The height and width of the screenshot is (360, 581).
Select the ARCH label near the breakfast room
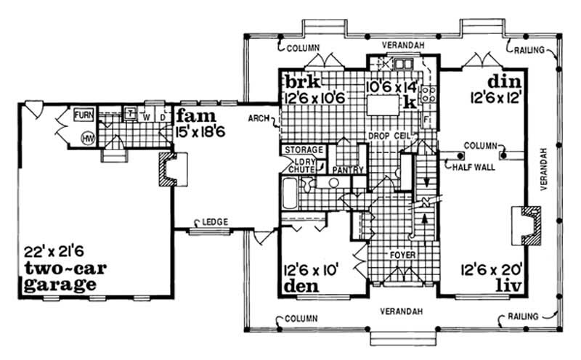point(258,117)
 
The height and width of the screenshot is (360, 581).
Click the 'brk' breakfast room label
point(301,79)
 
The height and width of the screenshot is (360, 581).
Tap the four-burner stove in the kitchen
point(428,92)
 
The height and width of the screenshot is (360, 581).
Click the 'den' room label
point(300,286)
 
